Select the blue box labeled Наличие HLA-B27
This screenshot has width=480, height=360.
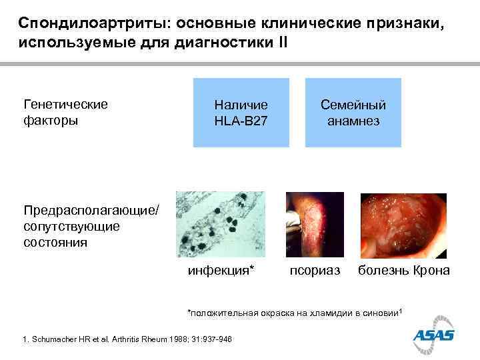241,113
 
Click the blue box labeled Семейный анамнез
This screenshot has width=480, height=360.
353,113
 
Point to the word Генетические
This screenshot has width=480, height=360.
65,105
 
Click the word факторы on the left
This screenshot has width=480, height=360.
50,121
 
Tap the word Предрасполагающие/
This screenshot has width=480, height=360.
91,211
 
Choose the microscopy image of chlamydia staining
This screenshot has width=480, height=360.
220,224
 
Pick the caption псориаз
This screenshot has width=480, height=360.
314,271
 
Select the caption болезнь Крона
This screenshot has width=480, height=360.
403,271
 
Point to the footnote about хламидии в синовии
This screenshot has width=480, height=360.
294,313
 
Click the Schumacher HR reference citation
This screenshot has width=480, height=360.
127,339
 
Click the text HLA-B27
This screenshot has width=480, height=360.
241,121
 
